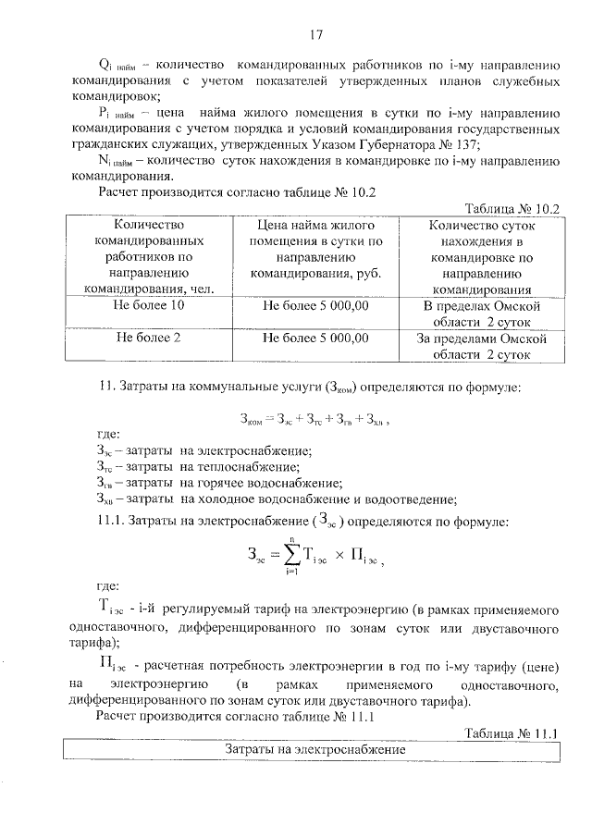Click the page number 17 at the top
[x=315, y=35]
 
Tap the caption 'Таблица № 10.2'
[x=514, y=208]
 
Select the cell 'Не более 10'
[x=147, y=305]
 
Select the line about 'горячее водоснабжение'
[x=218, y=483]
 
